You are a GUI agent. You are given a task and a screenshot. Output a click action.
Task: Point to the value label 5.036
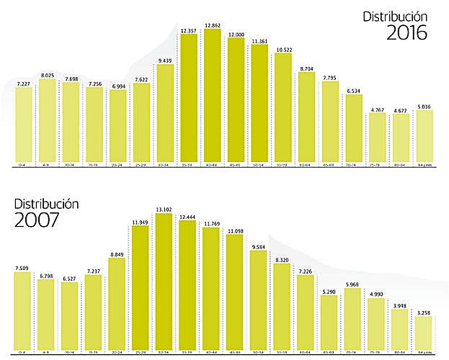424,107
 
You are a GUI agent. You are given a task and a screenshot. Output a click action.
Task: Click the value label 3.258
424,314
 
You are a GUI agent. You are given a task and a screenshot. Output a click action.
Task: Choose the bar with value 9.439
166,115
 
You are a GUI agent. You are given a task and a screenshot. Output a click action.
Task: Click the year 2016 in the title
407,33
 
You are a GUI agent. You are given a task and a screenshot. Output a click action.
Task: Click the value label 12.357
189,30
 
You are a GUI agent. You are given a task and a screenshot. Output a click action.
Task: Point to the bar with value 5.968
353,314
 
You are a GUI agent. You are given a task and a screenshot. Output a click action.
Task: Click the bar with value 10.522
283,108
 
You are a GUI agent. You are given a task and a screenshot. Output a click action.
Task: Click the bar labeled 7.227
24,124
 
